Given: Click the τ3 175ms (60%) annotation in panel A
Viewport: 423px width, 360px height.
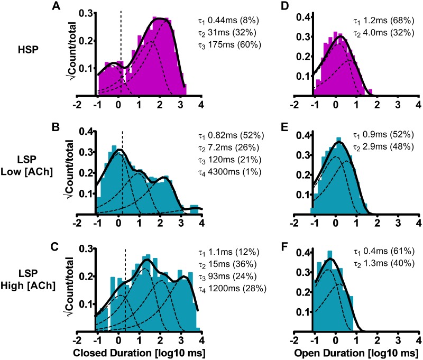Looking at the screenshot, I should tap(228, 45).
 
